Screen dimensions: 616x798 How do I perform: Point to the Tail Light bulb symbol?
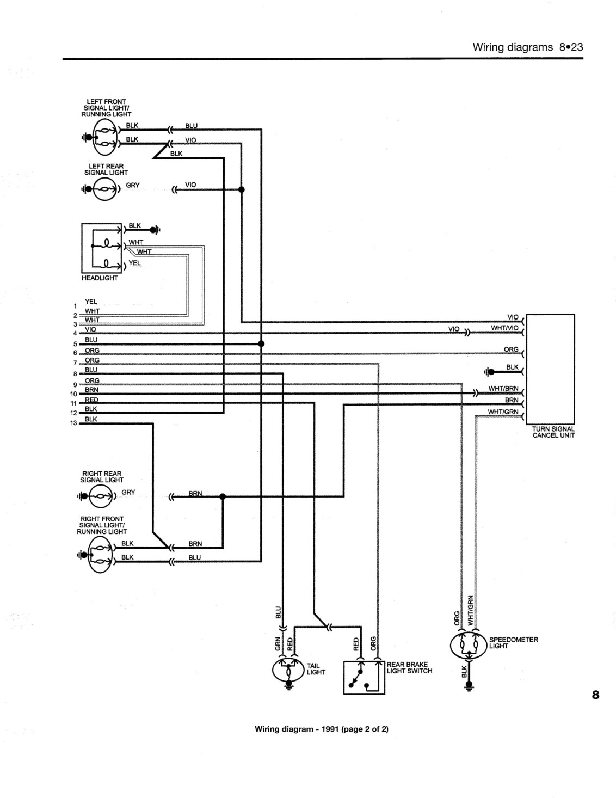[288, 670]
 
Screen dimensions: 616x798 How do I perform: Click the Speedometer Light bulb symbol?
[469, 645]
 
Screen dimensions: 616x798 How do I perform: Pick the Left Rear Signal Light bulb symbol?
[105, 189]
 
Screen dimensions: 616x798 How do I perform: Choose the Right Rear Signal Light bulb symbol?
[101, 496]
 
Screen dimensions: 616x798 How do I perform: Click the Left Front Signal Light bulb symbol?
[105, 137]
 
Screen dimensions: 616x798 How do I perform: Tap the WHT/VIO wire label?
[505, 328]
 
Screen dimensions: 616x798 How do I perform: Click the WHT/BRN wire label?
[503, 388]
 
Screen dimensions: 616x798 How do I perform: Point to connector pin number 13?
[74, 423]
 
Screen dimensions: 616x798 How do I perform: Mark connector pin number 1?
[75, 306]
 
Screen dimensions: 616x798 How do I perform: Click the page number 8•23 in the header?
[571, 47]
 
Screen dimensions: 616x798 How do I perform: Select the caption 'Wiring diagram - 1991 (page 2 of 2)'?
[321, 729]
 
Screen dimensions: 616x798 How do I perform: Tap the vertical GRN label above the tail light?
[278, 643]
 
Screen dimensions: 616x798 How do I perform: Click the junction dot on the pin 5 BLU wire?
[261, 343]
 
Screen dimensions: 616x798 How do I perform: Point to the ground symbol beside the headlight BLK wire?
[156, 230]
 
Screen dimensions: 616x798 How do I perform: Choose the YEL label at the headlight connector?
[134, 263]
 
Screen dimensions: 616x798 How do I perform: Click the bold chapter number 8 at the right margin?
[595, 695]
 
